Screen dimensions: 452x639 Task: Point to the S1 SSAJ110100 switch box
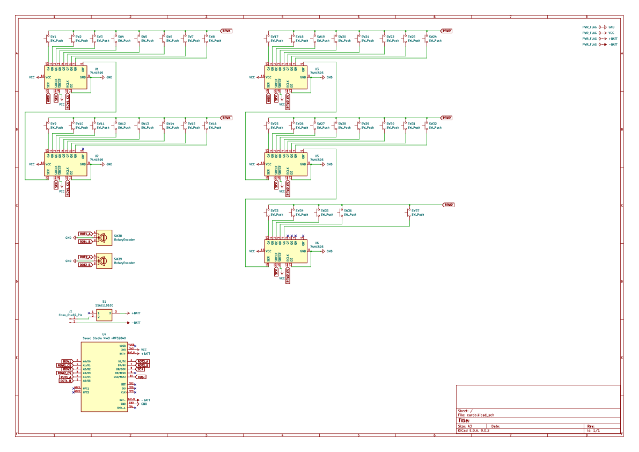tap(104, 315)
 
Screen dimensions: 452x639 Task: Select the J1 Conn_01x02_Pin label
tap(70, 313)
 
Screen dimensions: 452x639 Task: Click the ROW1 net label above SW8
tap(226, 31)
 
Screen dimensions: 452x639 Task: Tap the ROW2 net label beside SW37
tap(448, 205)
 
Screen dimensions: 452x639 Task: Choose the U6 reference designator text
tap(317, 243)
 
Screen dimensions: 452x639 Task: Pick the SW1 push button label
tap(53, 37)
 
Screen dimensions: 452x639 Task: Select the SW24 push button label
tap(432, 37)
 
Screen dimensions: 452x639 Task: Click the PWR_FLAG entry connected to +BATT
tap(590, 39)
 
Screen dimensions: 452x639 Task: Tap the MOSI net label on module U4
tap(141, 377)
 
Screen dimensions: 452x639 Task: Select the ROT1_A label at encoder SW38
tap(85, 234)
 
